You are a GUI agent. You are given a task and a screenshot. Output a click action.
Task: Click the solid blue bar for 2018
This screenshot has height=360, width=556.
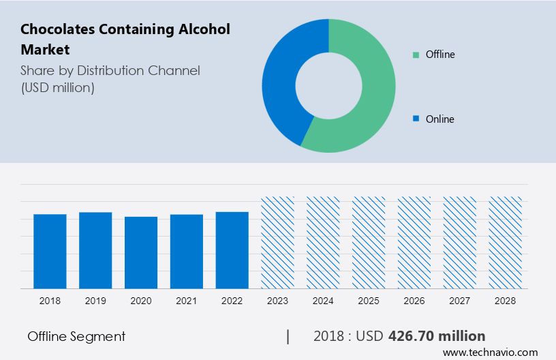point(50,251)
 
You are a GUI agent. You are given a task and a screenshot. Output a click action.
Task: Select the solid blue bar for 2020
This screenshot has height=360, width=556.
point(141,252)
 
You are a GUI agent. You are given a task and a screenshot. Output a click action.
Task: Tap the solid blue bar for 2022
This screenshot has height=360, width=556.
point(232,250)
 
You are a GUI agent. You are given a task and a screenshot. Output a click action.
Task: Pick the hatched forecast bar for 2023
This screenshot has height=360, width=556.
point(278,243)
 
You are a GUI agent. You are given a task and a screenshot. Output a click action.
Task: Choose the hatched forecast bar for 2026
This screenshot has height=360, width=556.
point(414,243)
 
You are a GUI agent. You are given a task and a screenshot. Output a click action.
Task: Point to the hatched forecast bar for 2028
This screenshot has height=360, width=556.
point(506,243)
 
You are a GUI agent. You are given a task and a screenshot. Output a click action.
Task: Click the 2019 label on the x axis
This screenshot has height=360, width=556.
point(95,301)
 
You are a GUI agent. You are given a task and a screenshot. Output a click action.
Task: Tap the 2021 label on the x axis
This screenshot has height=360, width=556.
point(187,301)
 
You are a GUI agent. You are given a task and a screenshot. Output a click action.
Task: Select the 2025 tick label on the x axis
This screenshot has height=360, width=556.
point(369,301)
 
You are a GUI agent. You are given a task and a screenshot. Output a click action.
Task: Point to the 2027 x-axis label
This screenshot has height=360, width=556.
point(460,301)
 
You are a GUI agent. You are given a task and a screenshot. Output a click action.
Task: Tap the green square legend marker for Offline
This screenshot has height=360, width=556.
point(416,55)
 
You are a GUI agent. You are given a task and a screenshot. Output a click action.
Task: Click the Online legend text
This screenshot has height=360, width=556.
point(439,119)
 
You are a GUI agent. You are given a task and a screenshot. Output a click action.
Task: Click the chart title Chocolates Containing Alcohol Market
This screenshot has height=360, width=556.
point(125,39)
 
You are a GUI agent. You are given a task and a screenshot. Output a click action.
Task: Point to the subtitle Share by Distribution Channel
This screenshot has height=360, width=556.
point(110,70)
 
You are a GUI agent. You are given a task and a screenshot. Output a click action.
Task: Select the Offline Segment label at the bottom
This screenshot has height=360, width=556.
point(76,336)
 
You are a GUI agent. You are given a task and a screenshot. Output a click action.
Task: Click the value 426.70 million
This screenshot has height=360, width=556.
point(436,336)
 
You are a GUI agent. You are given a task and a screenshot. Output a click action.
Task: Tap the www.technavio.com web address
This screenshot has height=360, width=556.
point(490,352)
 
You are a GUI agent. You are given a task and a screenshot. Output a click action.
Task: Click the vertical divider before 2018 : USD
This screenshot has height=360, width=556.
point(288,336)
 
